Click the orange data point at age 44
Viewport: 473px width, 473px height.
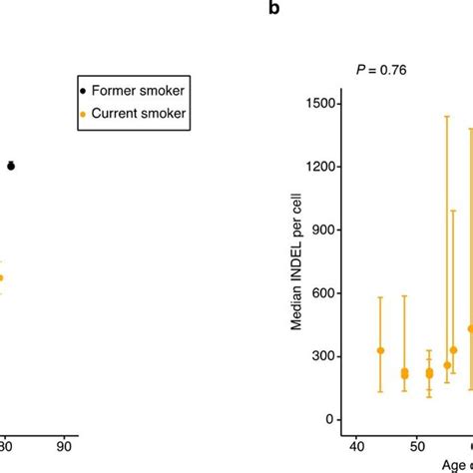(x=380, y=350)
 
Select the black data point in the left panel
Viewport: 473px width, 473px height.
(x=11, y=167)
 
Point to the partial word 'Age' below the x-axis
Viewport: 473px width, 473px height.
(x=458, y=464)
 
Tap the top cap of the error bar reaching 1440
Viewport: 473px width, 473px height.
(x=447, y=117)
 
